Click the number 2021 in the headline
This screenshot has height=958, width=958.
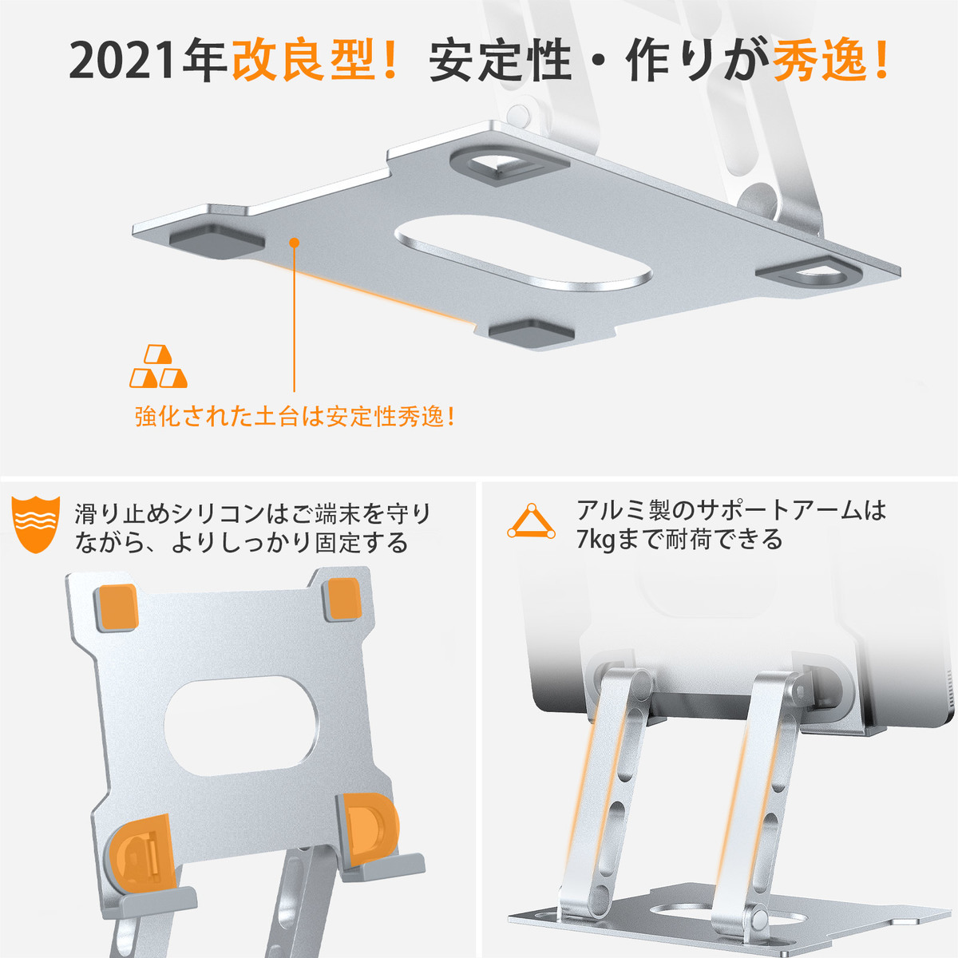[122, 62]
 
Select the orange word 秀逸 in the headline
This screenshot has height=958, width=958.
[821, 61]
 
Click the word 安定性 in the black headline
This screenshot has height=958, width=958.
[500, 61]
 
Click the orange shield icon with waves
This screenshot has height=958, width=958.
[36, 525]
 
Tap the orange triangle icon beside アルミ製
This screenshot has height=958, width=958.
[531, 521]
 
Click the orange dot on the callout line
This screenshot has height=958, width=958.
[295, 243]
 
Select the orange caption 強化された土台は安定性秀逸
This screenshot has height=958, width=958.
[295, 417]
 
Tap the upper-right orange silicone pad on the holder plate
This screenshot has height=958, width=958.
[342, 599]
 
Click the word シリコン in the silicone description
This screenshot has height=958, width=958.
[218, 514]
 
